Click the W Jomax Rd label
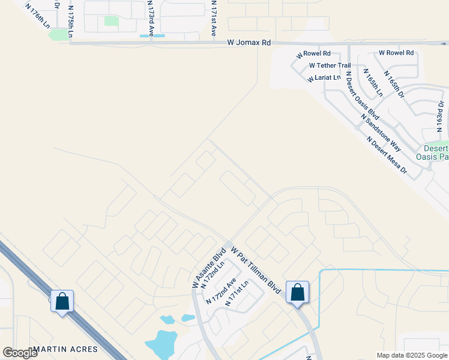[249, 43]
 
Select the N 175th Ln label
[71, 21]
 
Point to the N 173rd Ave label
[152, 18]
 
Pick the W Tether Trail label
[330, 65]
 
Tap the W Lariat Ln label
[324, 77]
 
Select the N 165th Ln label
[372, 83]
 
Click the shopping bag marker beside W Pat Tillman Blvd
[297, 292]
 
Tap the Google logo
[20, 352]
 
